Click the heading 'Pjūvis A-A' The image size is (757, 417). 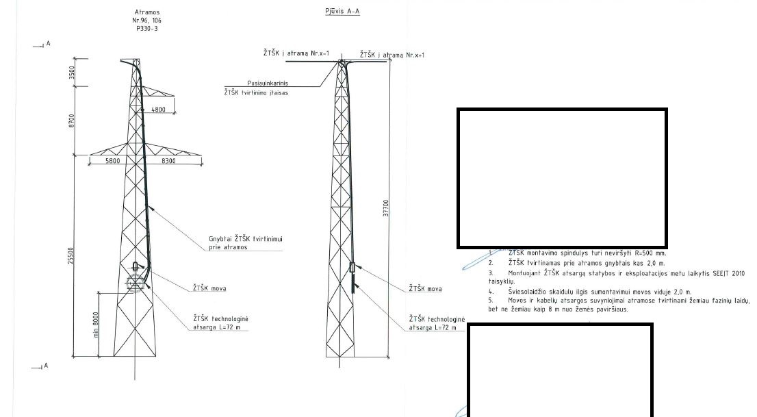click(342, 12)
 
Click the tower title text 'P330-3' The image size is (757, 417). click(146, 29)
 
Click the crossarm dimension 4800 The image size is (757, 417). click(158, 110)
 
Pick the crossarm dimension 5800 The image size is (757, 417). click(113, 161)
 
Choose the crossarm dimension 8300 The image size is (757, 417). click(168, 161)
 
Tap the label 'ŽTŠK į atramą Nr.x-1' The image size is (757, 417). click(297, 53)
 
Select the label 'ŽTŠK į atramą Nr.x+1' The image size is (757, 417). click(392, 55)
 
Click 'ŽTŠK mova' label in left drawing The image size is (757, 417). click(209, 288)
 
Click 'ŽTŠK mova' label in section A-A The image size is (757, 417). click(425, 289)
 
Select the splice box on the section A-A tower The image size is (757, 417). click(353, 268)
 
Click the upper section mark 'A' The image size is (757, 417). click(48, 44)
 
